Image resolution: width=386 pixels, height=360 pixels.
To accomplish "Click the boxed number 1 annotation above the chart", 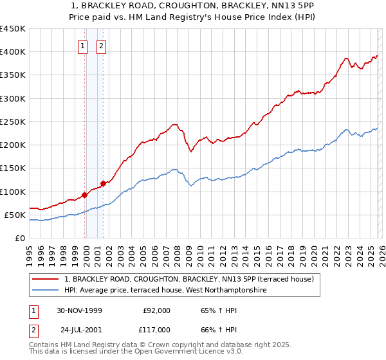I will (84, 46).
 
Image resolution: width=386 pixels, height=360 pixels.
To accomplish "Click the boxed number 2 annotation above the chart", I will (102, 46).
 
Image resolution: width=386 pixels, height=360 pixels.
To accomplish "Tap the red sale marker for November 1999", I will (85, 195).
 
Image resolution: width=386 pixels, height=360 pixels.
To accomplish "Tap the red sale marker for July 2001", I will (103, 184).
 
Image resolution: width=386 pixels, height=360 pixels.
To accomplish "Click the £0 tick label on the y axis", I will (20, 238).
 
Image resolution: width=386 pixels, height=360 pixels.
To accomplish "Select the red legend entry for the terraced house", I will (188, 279).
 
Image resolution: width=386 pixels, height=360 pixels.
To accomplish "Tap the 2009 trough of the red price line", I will (190, 152).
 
